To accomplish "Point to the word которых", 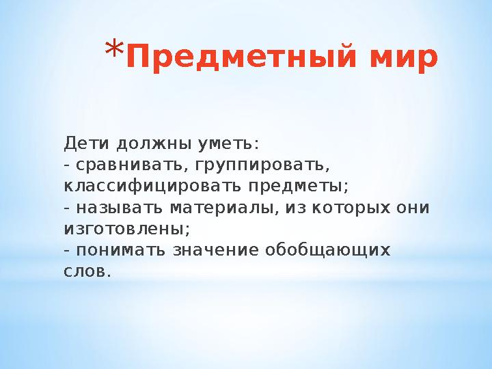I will click(x=353, y=208).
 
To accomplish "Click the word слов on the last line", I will click(x=83, y=271).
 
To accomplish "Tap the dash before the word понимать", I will click(x=66, y=250).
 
